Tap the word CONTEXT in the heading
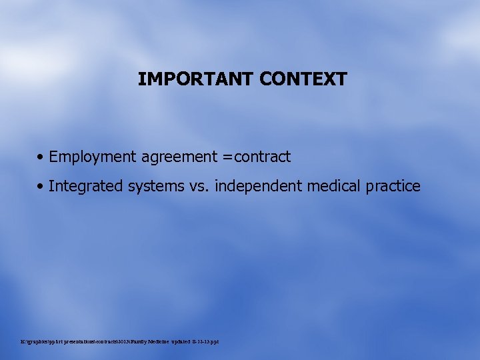tap(303, 79)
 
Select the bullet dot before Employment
tap(41, 157)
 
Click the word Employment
tap(93, 157)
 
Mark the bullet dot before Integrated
tap(41, 186)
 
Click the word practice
tap(393, 186)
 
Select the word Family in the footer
tap(131, 342)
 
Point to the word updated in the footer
tap(178, 342)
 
